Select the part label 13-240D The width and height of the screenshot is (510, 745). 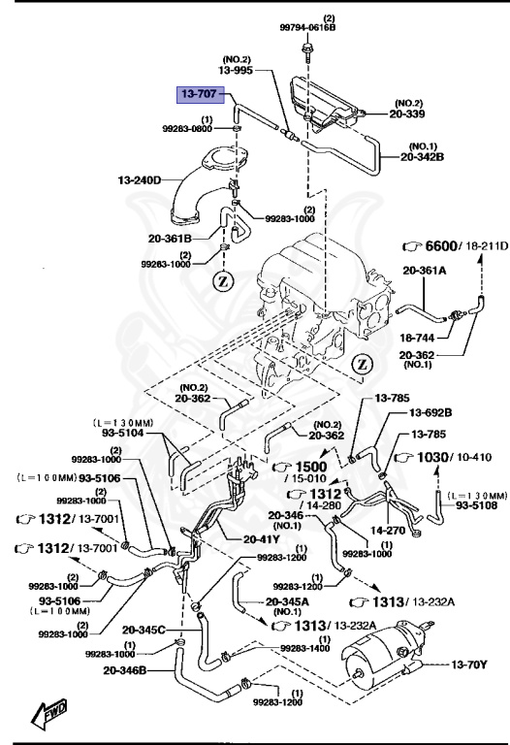pos(140,179)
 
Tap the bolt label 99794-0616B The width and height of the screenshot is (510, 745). pos(309,28)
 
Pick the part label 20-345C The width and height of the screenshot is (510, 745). pos(144,631)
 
